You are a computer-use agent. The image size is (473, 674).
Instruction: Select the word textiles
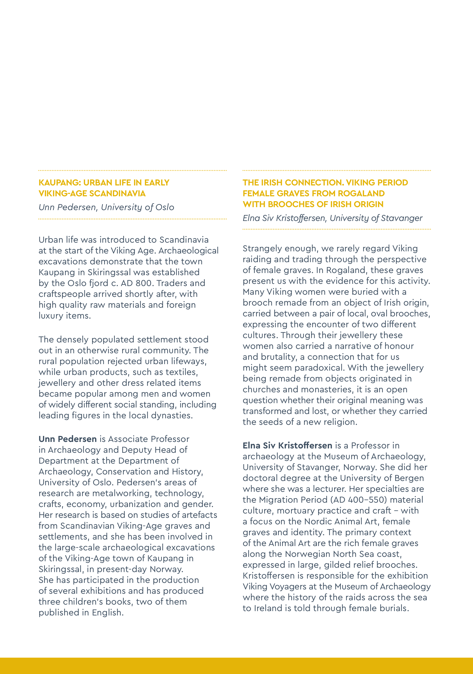pyautogui.click(x=182, y=372)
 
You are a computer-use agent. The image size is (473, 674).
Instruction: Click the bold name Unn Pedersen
pyautogui.click(x=67, y=439)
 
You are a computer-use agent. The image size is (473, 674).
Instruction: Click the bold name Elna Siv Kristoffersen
pyautogui.click(x=287, y=446)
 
